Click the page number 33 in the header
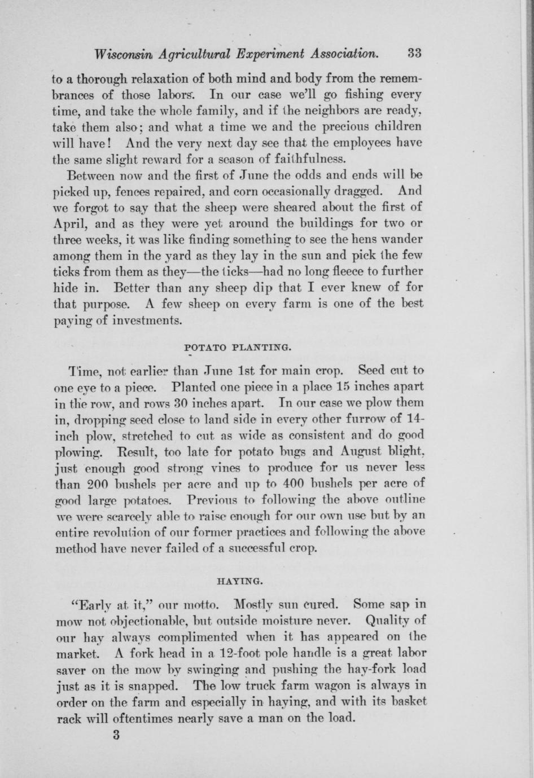pyautogui.click(x=414, y=54)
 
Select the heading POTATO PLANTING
pyautogui.click(x=238, y=348)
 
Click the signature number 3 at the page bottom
pyautogui.click(x=116, y=735)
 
